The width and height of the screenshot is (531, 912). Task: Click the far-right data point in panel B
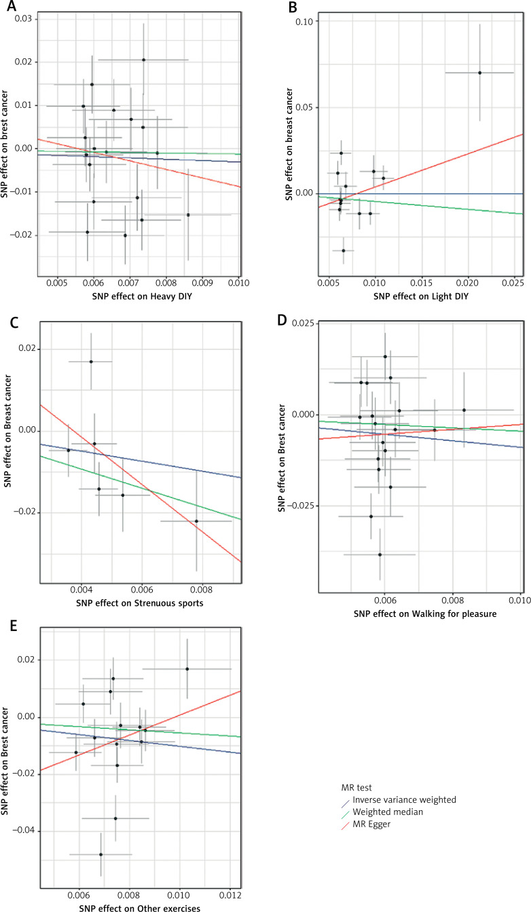(x=479, y=73)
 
